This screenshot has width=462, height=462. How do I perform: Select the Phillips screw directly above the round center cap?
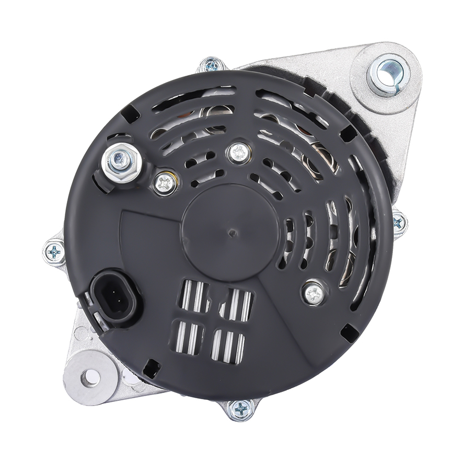(239, 153)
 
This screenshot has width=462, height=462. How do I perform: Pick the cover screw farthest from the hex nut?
(314, 293)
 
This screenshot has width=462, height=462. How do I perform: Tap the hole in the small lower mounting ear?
(91, 378)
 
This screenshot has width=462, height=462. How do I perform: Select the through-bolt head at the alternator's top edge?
(212, 65)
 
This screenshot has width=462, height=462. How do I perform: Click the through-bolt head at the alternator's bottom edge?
(241, 409)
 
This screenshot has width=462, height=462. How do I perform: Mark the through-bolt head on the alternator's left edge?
(54, 252)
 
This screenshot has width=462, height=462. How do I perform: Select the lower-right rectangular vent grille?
(228, 345)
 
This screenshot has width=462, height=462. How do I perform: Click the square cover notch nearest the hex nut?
(129, 112)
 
